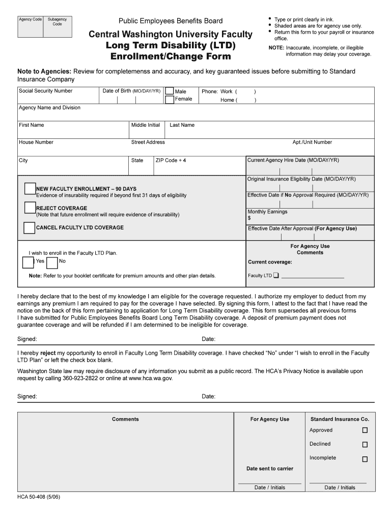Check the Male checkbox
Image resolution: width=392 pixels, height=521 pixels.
pyautogui.click(x=170, y=91)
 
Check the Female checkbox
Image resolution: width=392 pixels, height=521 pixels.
pyautogui.click(x=170, y=100)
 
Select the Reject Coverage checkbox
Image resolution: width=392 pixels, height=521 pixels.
pyautogui.click(x=30, y=208)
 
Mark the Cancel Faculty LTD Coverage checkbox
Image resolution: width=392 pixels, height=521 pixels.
pyautogui.click(x=30, y=227)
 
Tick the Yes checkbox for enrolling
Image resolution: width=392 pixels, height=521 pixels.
pyautogui.click(x=28, y=262)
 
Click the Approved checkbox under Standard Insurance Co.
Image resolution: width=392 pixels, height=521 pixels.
pyautogui.click(x=365, y=430)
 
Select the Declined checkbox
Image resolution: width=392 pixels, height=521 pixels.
pyautogui.click(x=365, y=444)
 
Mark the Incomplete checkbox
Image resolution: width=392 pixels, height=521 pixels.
pyautogui.click(x=365, y=459)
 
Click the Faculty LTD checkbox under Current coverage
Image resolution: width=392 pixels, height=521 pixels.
pyautogui.click(x=276, y=276)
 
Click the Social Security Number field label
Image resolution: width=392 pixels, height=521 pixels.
pyautogui.click(x=45, y=91)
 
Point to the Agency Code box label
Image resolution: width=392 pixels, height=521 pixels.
pyautogui.click(x=30, y=19)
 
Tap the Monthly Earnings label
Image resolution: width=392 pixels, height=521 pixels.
pyautogui.click(x=267, y=212)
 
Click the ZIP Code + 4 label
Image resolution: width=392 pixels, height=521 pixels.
pyautogui.click(x=171, y=160)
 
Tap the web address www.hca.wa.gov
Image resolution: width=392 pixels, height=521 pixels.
pyautogui.click(x=151, y=379)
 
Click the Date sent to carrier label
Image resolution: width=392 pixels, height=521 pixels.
pyautogui.click(x=270, y=469)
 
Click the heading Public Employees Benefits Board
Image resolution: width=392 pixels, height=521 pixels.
pyautogui.click(x=171, y=21)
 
